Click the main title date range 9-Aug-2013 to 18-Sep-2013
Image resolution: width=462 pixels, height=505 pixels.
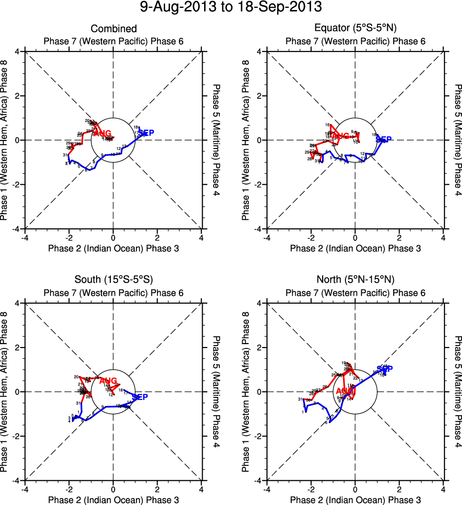(x=231, y=8)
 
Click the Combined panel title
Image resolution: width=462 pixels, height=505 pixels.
(x=114, y=29)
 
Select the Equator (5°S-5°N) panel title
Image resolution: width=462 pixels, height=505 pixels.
(x=355, y=29)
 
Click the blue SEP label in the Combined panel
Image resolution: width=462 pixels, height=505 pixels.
(x=146, y=133)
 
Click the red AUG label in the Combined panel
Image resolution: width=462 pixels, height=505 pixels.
(x=103, y=133)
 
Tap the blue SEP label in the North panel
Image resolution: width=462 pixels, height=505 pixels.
(x=385, y=369)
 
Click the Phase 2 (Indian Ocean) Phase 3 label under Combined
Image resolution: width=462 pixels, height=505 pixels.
(x=113, y=248)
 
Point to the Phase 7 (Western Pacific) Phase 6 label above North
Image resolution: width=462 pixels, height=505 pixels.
(x=355, y=293)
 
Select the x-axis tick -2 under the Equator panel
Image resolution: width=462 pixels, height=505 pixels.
(x=311, y=238)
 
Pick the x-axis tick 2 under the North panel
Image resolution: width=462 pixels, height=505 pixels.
(x=399, y=489)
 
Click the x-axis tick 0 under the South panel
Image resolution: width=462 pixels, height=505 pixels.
(x=113, y=489)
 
